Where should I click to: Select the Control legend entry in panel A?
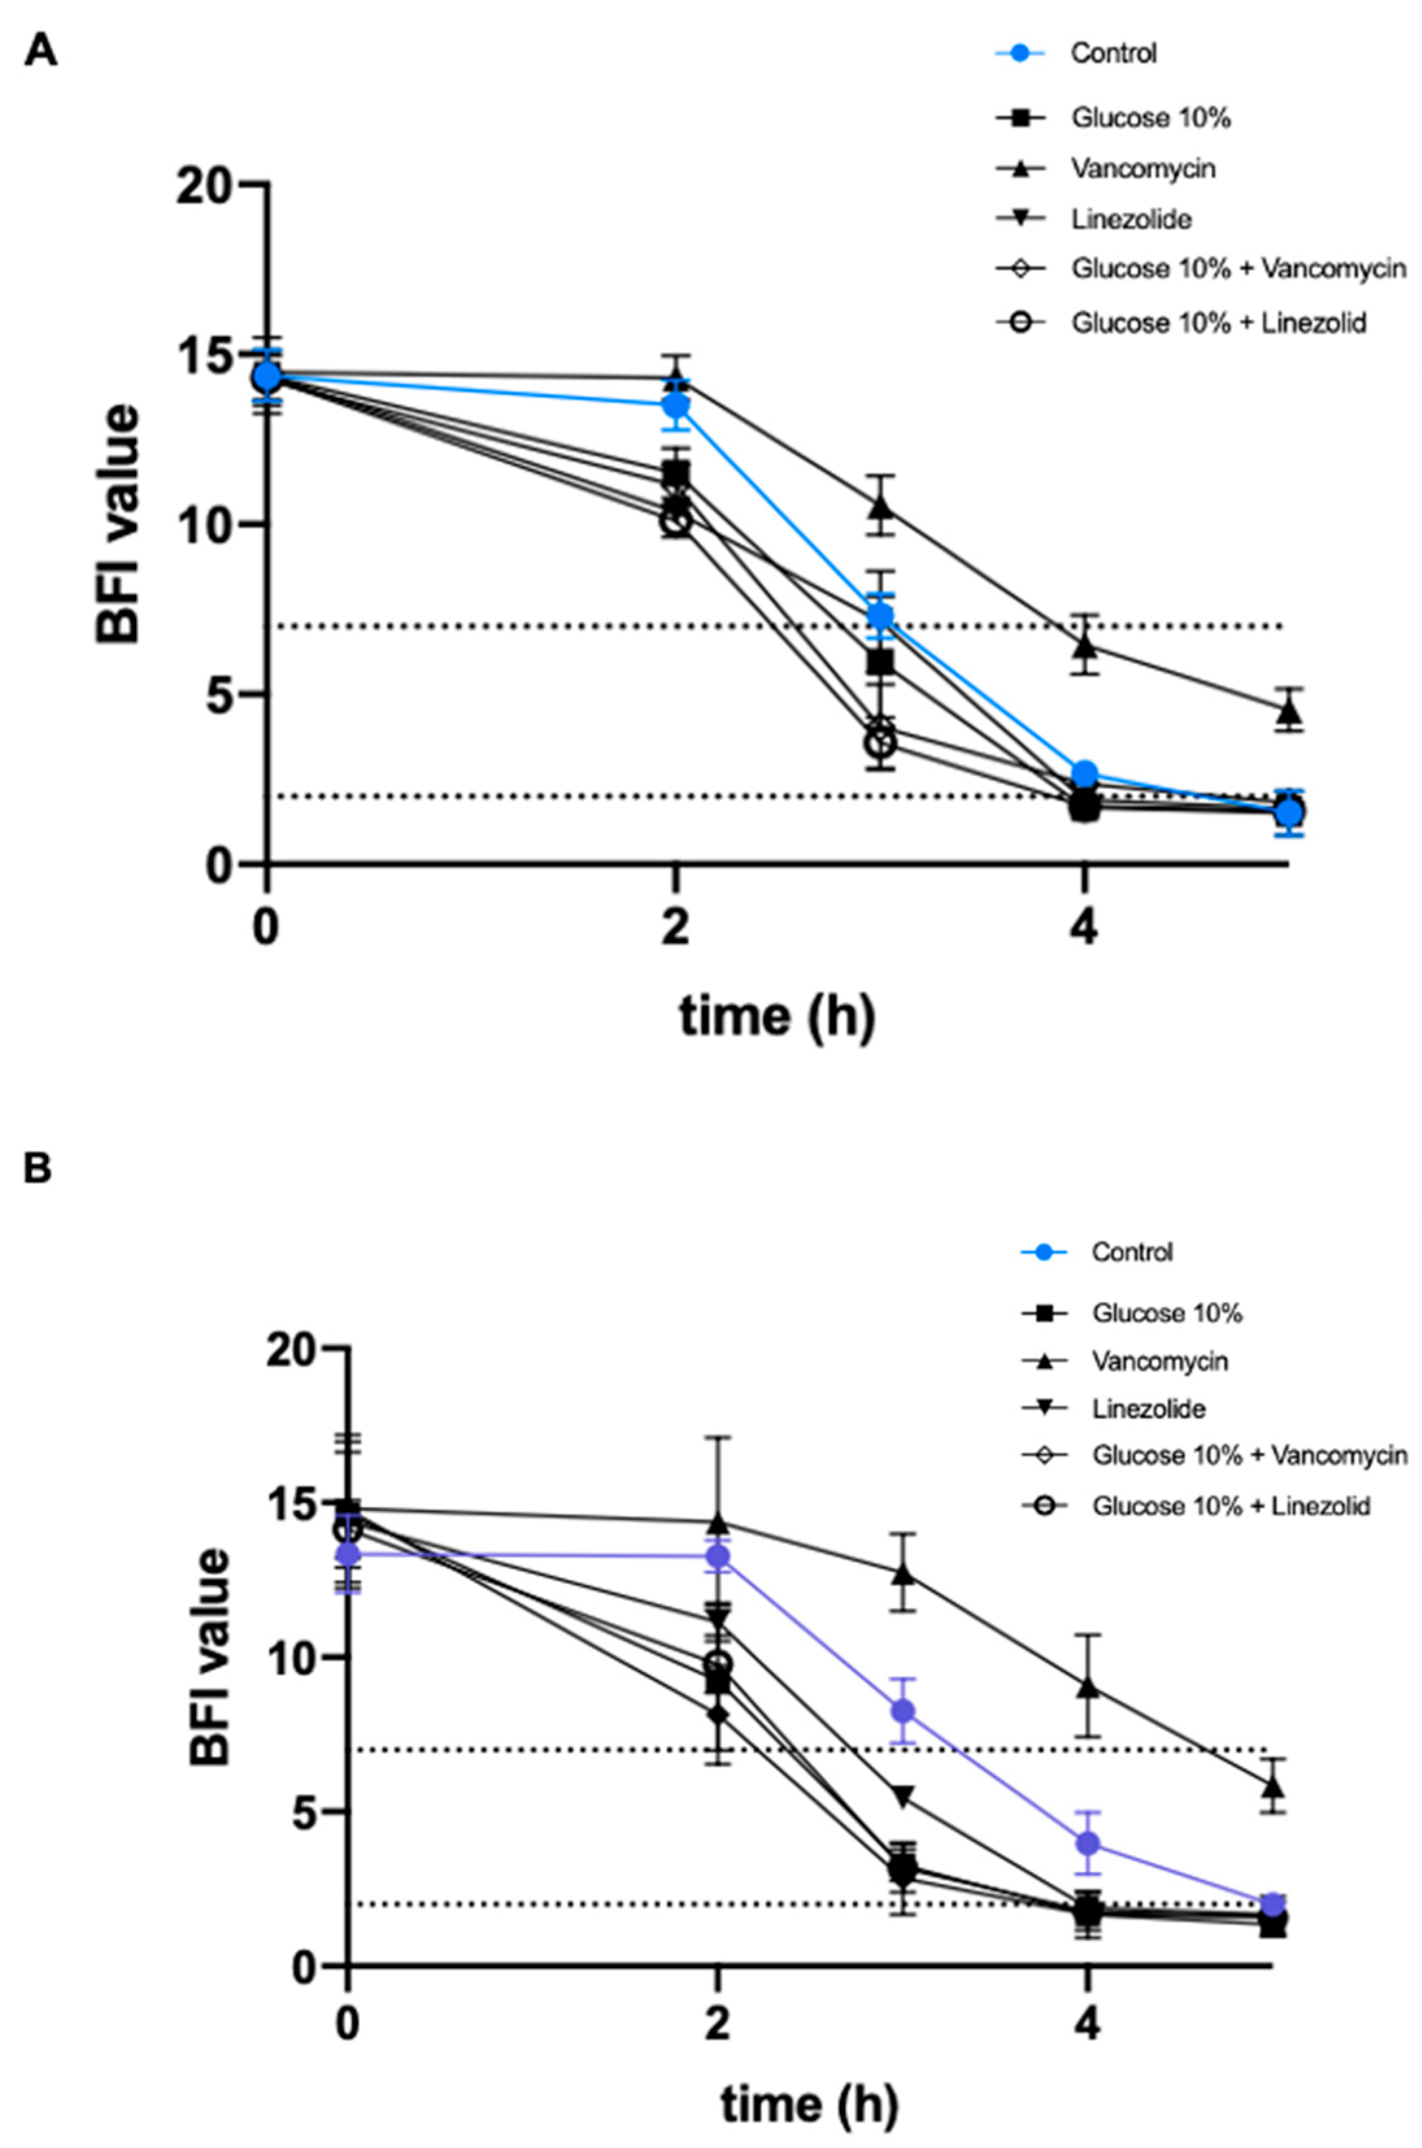pos(1113,53)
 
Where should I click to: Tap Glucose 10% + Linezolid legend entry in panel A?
pos(1218,323)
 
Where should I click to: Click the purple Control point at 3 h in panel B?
pos(902,1712)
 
